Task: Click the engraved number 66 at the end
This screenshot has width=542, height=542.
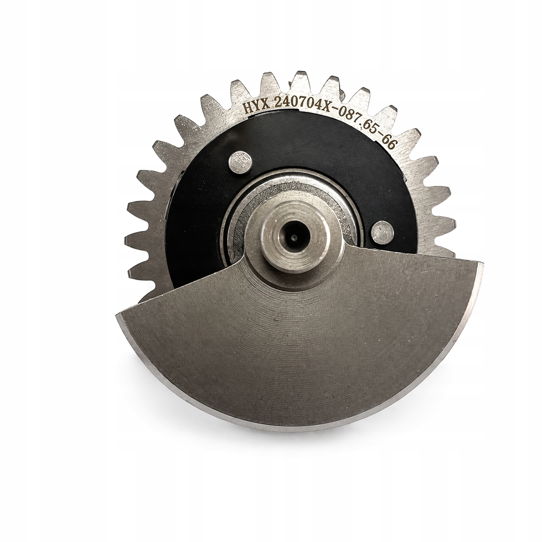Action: click(389, 143)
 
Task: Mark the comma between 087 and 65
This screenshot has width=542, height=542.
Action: click(362, 126)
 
